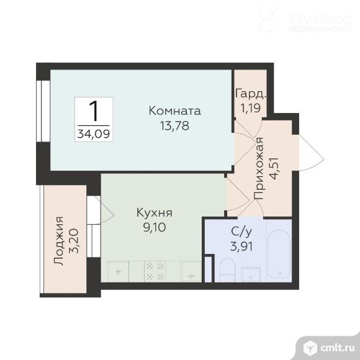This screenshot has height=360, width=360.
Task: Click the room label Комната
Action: point(175,111)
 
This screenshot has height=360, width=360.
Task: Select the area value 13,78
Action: point(175,125)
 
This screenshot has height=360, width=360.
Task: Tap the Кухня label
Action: point(155,213)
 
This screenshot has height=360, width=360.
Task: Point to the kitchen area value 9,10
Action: point(155,227)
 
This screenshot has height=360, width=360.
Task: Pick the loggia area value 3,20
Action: point(73,240)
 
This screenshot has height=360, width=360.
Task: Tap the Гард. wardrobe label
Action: point(251,94)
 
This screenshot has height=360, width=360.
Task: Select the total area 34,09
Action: point(94,132)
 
